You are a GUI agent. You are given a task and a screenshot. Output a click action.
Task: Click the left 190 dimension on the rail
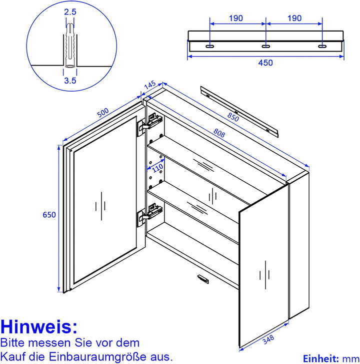coord(236,18)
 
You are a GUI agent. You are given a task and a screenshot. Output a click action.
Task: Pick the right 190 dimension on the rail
coord(294,18)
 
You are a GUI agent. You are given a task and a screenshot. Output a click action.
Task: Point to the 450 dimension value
coord(265,63)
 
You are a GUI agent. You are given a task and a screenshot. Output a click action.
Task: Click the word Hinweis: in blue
coord(39,326)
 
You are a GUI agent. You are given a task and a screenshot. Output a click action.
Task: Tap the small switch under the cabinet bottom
coord(203,278)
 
